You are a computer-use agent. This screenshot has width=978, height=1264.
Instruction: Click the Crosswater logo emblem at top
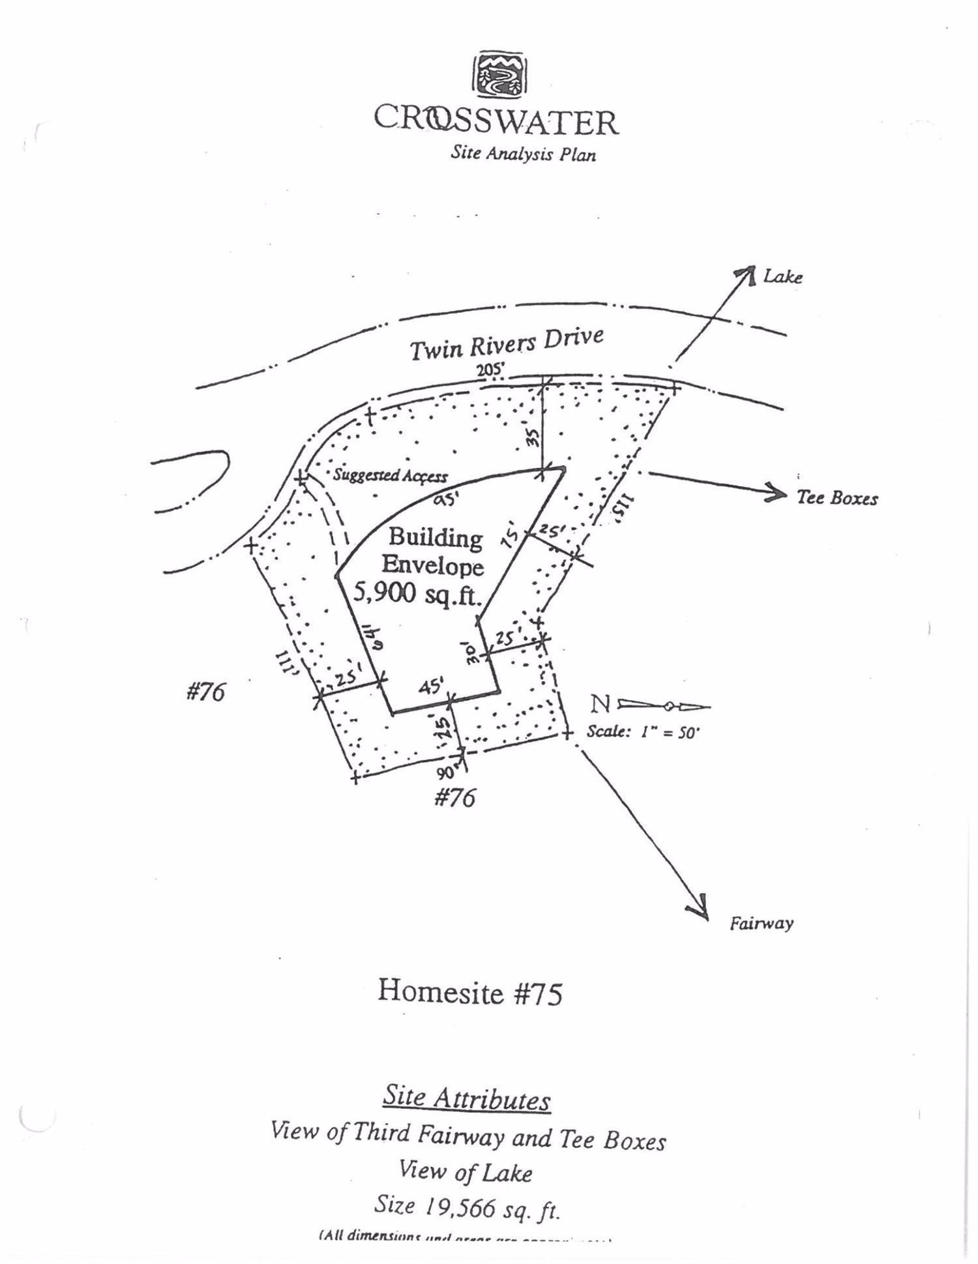coord(499,74)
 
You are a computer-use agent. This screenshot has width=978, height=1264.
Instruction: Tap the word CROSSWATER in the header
coord(496,121)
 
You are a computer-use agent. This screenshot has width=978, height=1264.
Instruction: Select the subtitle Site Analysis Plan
coord(523,154)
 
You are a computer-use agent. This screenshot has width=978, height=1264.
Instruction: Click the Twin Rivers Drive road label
coord(506,343)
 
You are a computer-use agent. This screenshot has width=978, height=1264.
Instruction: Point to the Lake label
coord(782,277)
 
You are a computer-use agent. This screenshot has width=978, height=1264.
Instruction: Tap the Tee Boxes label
coord(837,499)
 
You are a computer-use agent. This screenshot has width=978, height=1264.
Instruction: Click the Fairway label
coord(761,923)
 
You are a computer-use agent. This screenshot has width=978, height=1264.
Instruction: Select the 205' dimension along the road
coord(490,370)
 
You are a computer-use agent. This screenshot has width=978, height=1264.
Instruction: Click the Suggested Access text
coord(390,475)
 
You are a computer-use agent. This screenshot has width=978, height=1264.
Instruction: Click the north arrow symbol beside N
coord(664,705)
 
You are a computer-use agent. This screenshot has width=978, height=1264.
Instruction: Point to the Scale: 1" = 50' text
coord(643,732)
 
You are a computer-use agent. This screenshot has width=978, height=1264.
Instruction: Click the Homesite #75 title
coord(469,993)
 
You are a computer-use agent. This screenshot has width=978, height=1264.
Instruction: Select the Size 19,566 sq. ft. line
coord(467,1206)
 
